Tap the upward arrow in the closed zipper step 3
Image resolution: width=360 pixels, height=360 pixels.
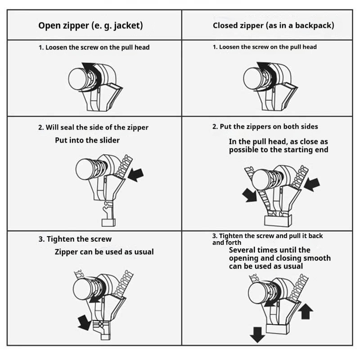point(306,311)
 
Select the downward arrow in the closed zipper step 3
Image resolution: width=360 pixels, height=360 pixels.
point(257,335)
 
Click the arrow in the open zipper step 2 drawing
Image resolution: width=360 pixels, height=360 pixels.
point(136,175)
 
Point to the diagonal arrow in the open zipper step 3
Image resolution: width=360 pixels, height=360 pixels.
point(85,323)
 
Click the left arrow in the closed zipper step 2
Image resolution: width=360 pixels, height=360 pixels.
point(250,195)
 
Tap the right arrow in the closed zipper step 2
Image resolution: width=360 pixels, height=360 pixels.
point(312,184)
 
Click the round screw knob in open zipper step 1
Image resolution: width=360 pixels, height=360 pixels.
point(77,79)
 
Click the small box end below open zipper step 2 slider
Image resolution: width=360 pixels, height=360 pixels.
point(108,222)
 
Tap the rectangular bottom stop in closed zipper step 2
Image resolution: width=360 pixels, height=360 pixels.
point(278,220)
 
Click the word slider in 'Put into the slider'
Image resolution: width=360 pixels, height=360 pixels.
point(109,140)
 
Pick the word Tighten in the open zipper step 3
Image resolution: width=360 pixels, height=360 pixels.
point(60,239)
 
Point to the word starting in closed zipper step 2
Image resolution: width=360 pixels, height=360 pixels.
point(297,150)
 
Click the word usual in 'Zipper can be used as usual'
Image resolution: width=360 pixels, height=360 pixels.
point(144,252)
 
